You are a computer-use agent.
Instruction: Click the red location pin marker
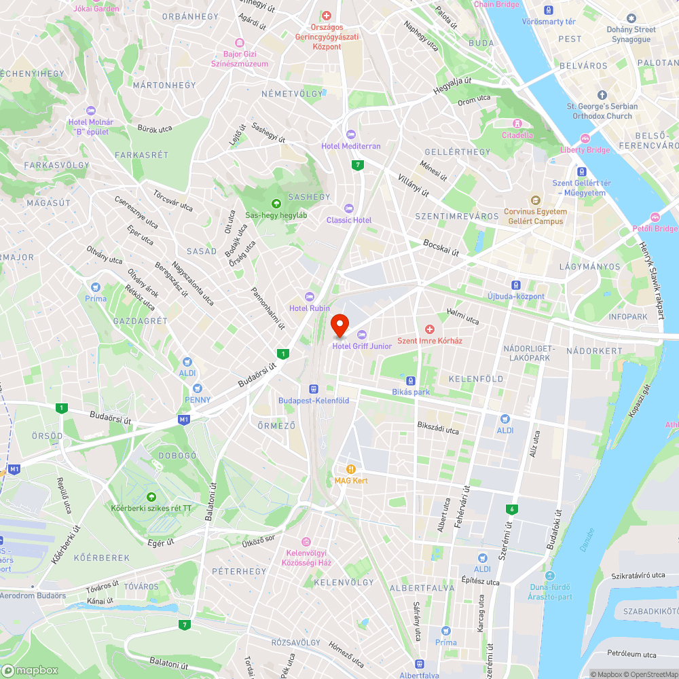coord(339,325)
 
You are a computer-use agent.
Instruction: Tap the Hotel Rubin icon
coord(310,297)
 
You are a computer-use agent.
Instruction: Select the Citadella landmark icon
coord(517,124)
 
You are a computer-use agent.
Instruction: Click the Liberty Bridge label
coord(585,149)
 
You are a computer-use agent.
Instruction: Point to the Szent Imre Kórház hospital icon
coord(429,329)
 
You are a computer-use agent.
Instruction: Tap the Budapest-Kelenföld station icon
coord(314,389)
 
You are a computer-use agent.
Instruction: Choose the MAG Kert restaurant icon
coord(350,469)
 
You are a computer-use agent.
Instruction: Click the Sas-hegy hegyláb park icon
coord(276,203)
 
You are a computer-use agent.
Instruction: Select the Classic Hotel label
coord(349,220)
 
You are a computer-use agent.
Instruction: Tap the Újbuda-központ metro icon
coord(516,285)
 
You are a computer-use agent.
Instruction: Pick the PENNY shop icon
coord(198,388)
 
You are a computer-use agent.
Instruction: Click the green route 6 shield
coord(511,509)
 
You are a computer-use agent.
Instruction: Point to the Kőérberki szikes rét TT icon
coord(151,496)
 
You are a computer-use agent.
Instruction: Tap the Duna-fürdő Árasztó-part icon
coord(549,576)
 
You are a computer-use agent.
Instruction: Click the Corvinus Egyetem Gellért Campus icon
coord(535,200)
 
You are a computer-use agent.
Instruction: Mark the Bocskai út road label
coord(441,247)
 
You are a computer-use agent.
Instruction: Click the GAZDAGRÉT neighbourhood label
coord(141,320)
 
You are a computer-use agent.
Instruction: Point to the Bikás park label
coord(411,392)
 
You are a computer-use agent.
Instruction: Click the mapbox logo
coord(31,670)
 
